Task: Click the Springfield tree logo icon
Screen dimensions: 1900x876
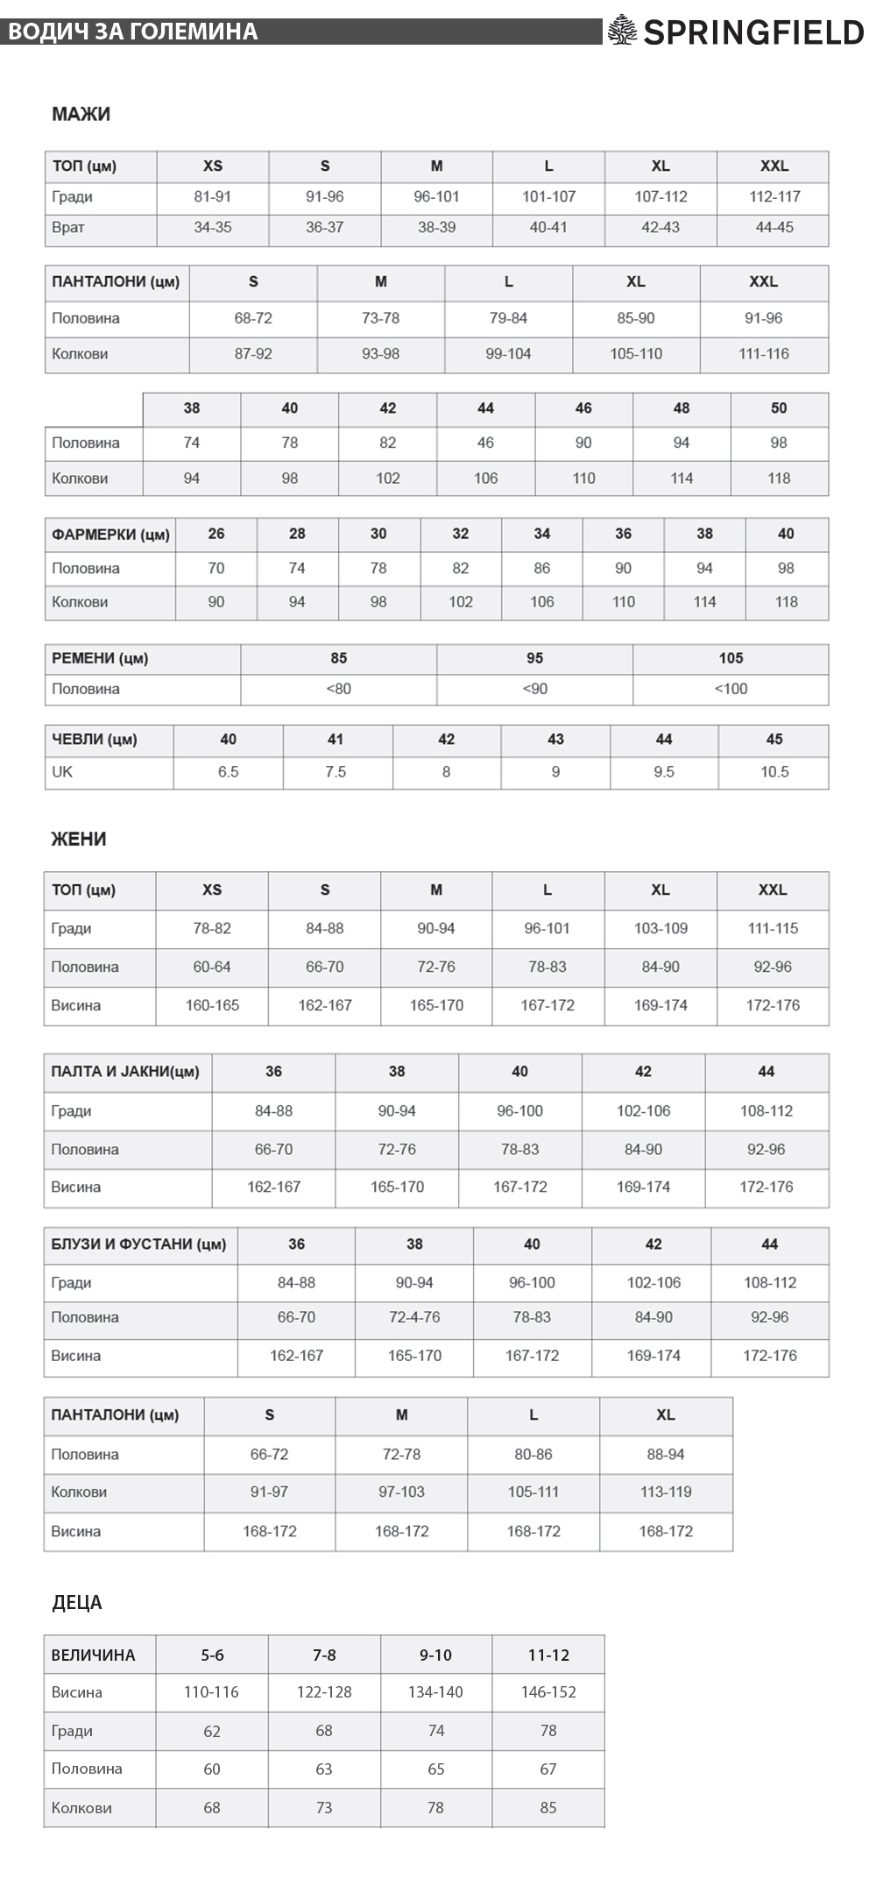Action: [x=622, y=31]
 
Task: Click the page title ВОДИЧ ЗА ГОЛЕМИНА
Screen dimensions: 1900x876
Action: [x=132, y=32]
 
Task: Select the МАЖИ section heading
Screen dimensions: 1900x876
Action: [x=81, y=114]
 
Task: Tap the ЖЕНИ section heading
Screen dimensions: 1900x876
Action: [x=79, y=839]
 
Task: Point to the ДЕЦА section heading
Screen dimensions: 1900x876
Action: [x=77, y=1603]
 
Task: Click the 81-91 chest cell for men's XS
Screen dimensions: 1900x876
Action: [x=213, y=196]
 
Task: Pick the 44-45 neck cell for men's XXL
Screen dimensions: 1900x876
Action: [x=774, y=227]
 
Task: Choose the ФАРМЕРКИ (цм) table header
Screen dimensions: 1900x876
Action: [x=110, y=534]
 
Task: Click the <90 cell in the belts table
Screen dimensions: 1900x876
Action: [x=534, y=689]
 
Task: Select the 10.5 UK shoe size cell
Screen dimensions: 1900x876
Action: [x=774, y=772]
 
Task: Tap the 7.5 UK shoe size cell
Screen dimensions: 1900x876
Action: [x=336, y=772]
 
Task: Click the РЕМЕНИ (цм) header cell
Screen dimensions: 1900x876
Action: [x=100, y=658]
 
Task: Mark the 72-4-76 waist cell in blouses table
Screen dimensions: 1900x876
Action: [x=414, y=1317]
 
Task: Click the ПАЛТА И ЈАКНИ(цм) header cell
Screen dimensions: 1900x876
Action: [x=125, y=1071]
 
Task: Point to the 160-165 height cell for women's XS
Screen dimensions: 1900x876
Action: [x=212, y=1005]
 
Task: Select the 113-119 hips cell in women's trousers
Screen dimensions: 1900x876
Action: [x=666, y=1492]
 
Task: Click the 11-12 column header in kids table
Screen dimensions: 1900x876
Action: [x=548, y=1655]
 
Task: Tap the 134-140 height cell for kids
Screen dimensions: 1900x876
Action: [x=435, y=1692]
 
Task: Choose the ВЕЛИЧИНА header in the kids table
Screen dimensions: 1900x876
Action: [x=94, y=1655]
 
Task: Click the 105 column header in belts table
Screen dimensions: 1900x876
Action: [x=731, y=658]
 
